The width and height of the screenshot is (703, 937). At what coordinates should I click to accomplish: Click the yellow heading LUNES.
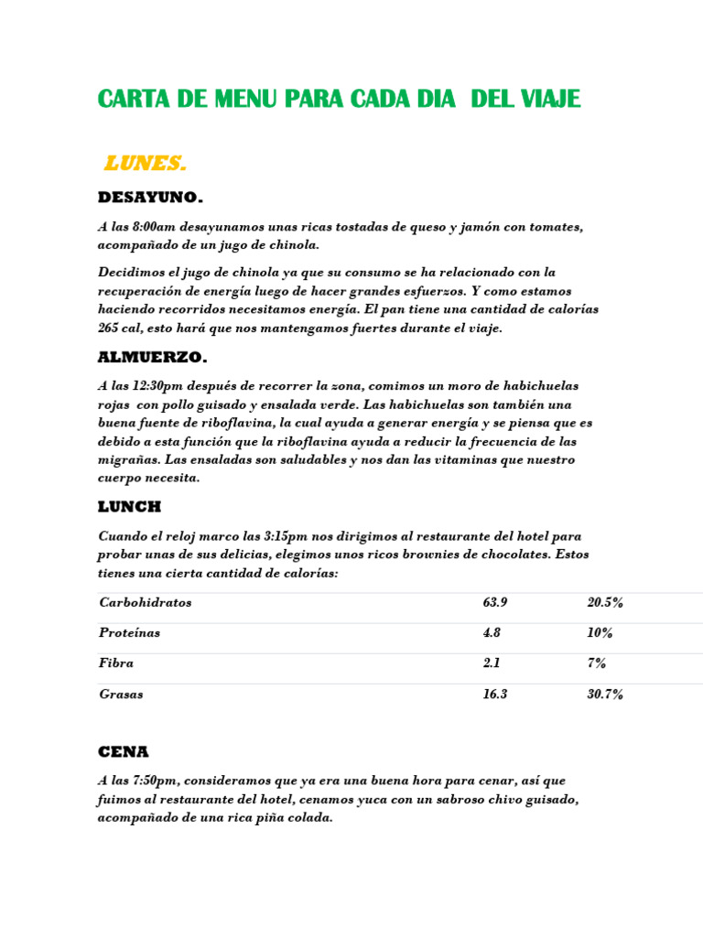[145, 164]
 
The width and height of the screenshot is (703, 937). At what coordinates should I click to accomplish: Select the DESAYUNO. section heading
[150, 198]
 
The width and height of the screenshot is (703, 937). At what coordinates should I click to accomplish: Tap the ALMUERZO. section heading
[152, 358]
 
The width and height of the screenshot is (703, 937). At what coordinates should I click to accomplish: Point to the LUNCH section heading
[129, 507]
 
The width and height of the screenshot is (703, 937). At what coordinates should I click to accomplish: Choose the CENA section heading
[123, 752]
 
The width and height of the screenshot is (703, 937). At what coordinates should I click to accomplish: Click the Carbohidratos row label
[145, 603]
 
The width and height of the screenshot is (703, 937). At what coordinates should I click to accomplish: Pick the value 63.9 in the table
[494, 603]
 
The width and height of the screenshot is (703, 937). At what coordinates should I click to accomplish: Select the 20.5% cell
[605, 603]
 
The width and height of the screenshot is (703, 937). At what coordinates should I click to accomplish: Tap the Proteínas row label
[129, 633]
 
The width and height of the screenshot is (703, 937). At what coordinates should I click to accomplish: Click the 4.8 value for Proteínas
[492, 633]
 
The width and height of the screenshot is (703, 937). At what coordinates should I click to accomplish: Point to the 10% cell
[600, 633]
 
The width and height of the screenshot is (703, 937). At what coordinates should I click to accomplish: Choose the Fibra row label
[116, 663]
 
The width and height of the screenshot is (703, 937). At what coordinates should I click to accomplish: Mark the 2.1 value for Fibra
[491, 663]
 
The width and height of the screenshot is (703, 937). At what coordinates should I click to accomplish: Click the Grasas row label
[121, 695]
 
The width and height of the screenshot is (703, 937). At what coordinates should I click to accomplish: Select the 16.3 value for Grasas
[494, 695]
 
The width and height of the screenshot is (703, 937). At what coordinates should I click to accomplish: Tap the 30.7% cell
[605, 695]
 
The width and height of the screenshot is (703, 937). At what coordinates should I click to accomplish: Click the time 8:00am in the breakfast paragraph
[156, 227]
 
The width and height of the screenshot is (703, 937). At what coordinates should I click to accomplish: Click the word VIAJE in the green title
[548, 100]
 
